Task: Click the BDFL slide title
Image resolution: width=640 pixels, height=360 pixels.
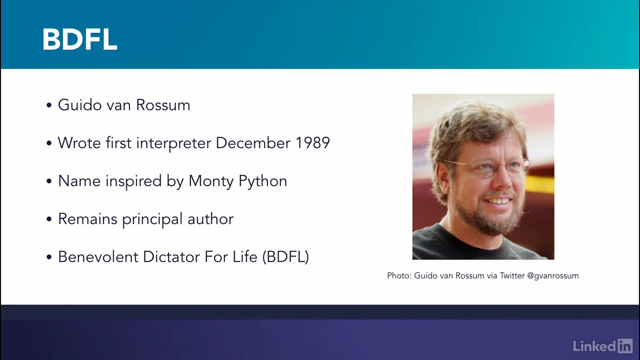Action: pyautogui.click(x=79, y=39)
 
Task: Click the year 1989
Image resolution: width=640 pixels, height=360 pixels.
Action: pyautogui.click(x=312, y=143)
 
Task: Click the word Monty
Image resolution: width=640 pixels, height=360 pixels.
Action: pyautogui.click(x=210, y=181)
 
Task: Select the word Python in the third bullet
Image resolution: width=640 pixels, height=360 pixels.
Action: pyautogui.click(x=262, y=181)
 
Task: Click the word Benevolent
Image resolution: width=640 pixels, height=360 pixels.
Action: pyautogui.click(x=98, y=257)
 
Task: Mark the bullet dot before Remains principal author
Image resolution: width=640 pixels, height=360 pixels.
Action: pyautogui.click(x=49, y=219)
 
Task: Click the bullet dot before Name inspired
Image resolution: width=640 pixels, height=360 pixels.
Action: pyautogui.click(x=49, y=181)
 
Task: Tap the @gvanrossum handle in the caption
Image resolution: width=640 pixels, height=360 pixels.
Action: pyautogui.click(x=552, y=276)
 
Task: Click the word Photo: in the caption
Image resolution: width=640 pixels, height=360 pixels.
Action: pyautogui.click(x=398, y=275)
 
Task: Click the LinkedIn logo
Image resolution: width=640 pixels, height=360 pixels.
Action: pyautogui.click(x=602, y=346)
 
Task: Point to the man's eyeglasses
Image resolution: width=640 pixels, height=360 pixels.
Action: pyautogui.click(x=487, y=167)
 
